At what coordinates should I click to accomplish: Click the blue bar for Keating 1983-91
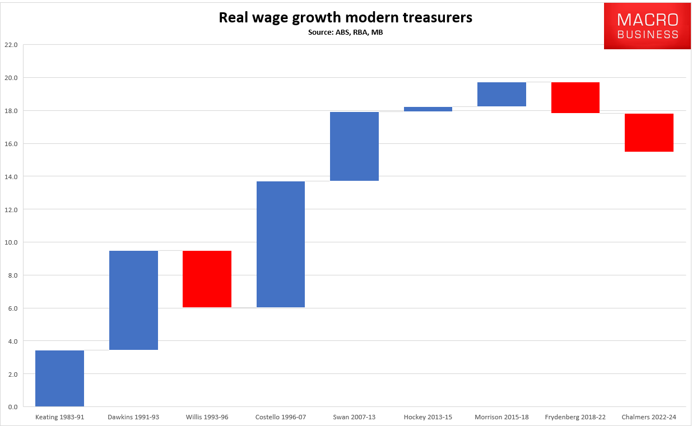tap(59, 378)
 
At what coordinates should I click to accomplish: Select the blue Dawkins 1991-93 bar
tap(133, 300)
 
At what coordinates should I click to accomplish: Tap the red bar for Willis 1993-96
tap(207, 279)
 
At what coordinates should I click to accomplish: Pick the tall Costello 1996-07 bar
tap(281, 244)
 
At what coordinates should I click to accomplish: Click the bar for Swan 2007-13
tap(354, 146)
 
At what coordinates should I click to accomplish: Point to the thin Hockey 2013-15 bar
tap(428, 109)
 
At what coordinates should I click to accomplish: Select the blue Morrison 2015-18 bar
tap(501, 94)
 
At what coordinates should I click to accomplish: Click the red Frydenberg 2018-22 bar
tap(575, 97)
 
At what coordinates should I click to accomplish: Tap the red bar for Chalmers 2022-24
tap(649, 132)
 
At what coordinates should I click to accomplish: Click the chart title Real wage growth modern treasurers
tap(345, 18)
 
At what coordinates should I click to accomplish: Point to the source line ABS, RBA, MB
tap(345, 32)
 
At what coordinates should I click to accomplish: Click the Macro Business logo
tap(647, 26)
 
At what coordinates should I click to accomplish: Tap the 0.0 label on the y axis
tap(12, 407)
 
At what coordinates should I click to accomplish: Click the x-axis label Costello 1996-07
tap(281, 418)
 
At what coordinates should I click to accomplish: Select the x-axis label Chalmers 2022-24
tap(649, 418)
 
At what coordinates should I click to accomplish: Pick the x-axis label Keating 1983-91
tap(59, 418)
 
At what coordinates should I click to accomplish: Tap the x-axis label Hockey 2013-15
tap(428, 418)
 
